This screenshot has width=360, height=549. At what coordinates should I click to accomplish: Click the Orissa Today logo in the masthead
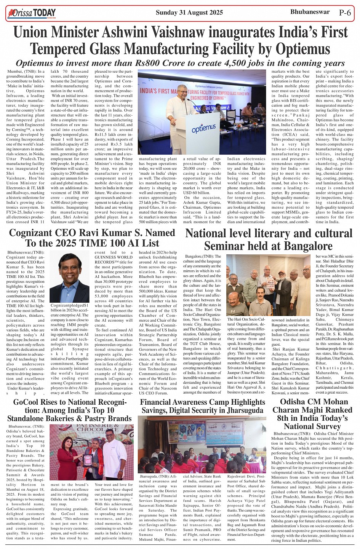coord(32,13)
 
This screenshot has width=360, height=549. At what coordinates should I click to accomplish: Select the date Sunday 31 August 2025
coord(189,13)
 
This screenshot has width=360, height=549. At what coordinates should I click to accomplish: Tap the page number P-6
coord(345,13)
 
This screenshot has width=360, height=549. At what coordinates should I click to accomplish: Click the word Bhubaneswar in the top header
coord(310,12)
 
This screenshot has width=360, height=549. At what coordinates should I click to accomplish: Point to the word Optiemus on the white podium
coord(203,129)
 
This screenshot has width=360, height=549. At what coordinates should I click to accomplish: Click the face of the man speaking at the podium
coord(182,91)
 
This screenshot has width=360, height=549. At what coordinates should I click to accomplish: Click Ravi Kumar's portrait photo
coord(69,278)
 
